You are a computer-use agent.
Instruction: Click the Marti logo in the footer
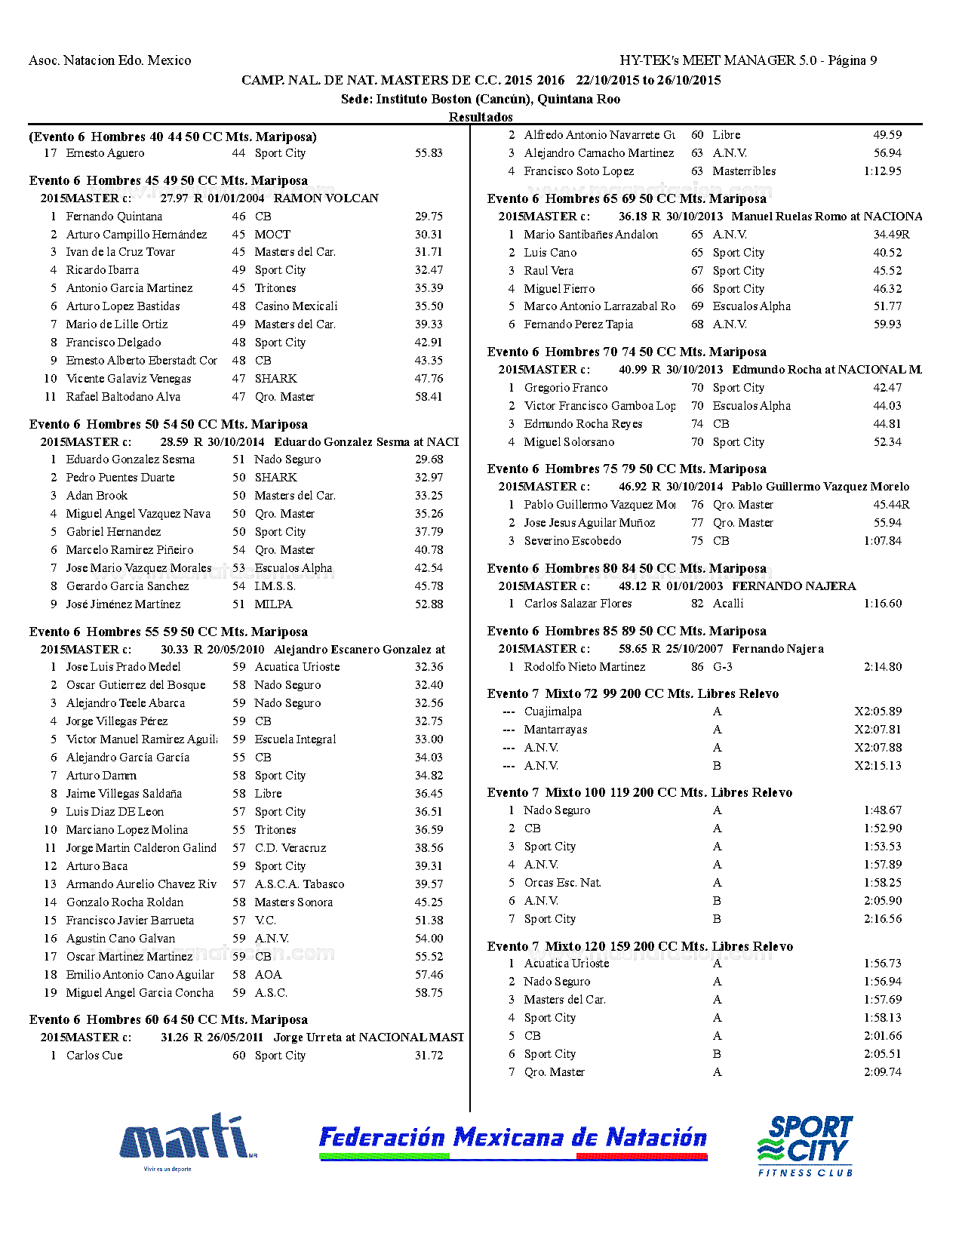coord(187,1140)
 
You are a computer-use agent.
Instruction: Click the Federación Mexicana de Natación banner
coord(513,1140)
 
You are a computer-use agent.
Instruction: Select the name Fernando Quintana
coord(114,217)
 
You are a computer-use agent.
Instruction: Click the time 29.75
coord(429,217)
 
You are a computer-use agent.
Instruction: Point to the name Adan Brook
coord(97,496)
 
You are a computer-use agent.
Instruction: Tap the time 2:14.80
coord(882,667)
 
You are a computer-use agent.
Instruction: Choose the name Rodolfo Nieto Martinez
coord(585,667)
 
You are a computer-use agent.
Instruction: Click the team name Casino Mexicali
coord(296,306)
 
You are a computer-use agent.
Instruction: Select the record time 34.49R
coord(891,235)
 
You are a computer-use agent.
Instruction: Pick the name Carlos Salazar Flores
coord(578,604)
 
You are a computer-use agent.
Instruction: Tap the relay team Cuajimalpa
coord(553,712)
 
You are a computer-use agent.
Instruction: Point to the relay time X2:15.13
coord(877,766)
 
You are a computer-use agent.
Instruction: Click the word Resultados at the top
coord(481,117)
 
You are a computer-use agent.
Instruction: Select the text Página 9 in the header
coord(852,60)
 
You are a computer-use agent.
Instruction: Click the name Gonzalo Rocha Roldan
coord(124,902)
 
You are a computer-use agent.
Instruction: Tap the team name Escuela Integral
coord(295,739)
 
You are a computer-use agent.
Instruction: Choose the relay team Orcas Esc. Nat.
coord(562,883)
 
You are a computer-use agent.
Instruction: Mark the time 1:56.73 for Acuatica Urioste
coord(882,964)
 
